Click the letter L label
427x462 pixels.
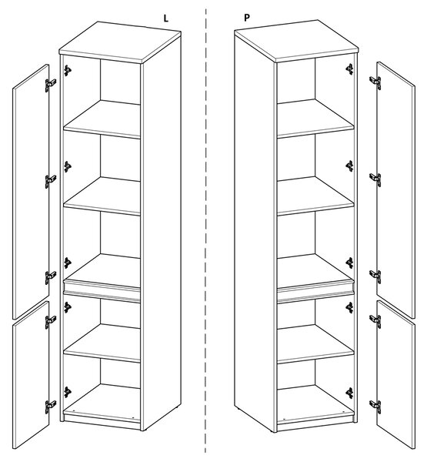coord(166,18)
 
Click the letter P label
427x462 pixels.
coord(247,18)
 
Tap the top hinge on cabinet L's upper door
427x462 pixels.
coord(51,85)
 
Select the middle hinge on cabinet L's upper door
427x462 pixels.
coord(51,181)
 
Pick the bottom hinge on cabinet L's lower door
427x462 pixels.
coord(51,407)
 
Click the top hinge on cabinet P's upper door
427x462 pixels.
coord(375,82)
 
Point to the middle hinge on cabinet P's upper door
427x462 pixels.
coord(375,179)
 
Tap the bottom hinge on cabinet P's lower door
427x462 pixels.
coord(375,407)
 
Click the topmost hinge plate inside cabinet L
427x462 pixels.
coord(68,70)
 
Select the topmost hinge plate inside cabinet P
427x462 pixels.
coord(349,69)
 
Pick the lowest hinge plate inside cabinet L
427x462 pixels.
coord(68,392)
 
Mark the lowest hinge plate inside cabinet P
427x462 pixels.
coord(349,393)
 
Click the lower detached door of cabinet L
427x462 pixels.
coord(31,375)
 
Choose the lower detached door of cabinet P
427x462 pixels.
coord(395,375)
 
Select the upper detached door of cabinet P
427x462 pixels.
coord(395,190)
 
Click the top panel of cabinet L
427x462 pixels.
coord(120,42)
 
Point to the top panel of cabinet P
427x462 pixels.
coord(296,41)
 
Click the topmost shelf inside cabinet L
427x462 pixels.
coord(102,119)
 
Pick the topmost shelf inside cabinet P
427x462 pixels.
coord(315,119)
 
